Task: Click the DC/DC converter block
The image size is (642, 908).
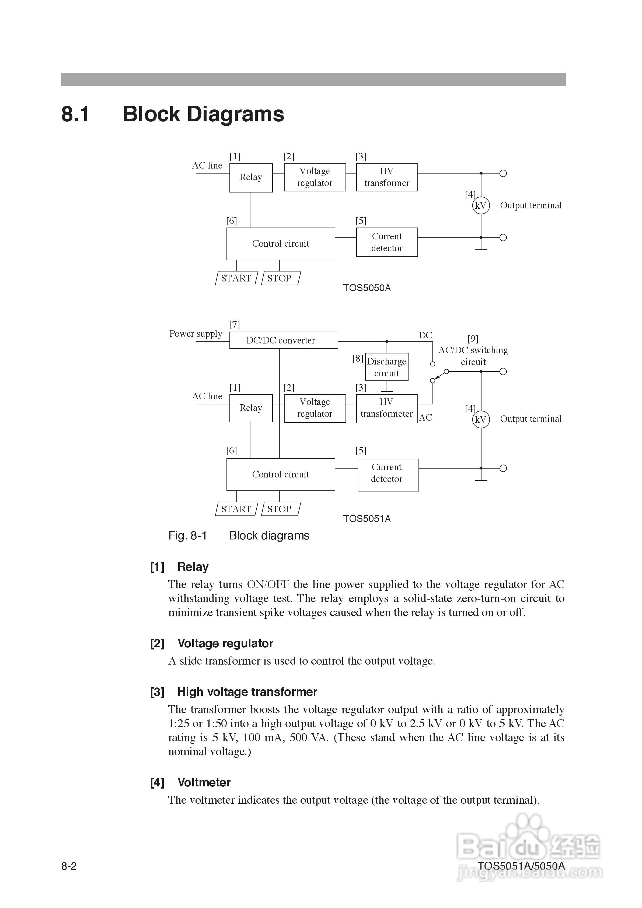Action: pos(284,340)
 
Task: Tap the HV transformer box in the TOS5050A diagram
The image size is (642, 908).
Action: pos(387,177)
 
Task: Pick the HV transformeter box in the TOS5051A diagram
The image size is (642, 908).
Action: pos(387,408)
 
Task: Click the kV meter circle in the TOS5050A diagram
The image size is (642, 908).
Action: pos(481,205)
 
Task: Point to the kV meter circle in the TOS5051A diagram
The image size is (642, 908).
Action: pos(481,419)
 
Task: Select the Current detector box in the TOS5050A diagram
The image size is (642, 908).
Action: pos(387,242)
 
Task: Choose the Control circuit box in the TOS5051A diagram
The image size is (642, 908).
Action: pos(281,474)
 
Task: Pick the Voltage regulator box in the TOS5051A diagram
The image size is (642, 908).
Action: pos(315,408)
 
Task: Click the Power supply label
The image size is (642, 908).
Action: pos(196,333)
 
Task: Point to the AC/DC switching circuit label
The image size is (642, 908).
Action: pos(473,356)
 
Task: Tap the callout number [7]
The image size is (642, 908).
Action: pos(235,324)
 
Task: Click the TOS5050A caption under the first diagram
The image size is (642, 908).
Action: pos(367,288)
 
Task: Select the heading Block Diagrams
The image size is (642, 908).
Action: pos(203,114)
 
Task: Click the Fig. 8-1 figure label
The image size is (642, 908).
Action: pos(187,535)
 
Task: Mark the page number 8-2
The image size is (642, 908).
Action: pos(69,866)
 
